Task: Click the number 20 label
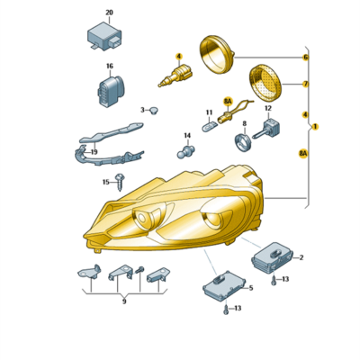click(110, 13)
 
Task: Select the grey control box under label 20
click(104, 37)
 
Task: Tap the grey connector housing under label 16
click(110, 91)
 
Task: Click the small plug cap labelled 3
click(154, 111)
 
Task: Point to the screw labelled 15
click(120, 182)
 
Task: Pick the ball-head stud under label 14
click(185, 151)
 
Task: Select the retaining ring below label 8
click(242, 141)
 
